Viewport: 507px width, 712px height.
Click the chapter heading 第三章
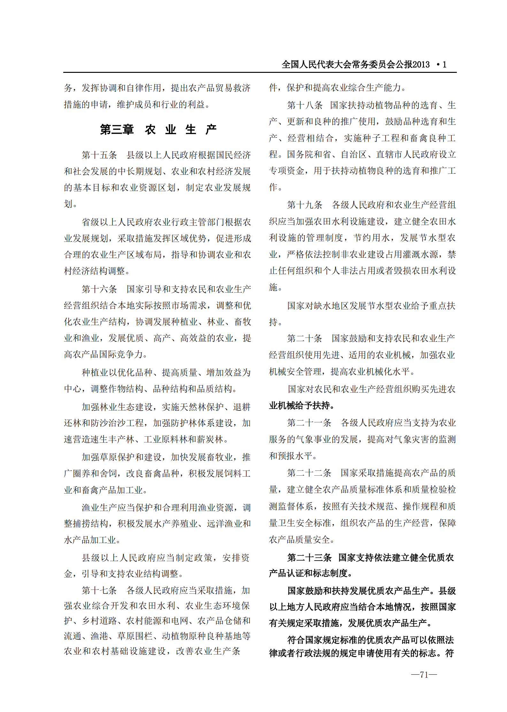tap(117, 130)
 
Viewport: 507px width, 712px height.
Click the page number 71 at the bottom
tap(424, 674)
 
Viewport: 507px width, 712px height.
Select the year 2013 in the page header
tap(421, 65)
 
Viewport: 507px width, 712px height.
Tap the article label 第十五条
tap(99, 155)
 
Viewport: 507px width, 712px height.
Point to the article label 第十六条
tap(99, 289)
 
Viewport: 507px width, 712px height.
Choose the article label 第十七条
tap(99, 590)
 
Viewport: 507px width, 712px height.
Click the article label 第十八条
tap(304, 105)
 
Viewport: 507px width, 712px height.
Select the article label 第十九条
tap(304, 205)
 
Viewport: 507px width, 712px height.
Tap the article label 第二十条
tap(304, 339)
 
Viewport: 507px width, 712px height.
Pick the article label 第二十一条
tap(309, 423)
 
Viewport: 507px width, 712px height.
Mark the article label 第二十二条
tap(309, 473)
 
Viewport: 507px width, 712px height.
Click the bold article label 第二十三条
tap(309, 558)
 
